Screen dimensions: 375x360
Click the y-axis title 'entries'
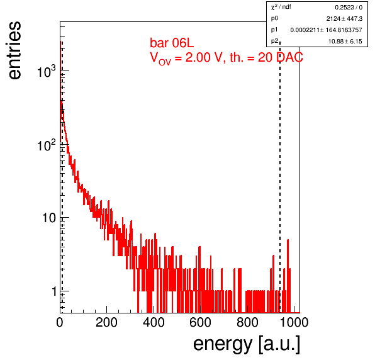coord(15,50)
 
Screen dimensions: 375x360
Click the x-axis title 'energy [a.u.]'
coord(247,344)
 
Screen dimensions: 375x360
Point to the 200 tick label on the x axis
coord(106,322)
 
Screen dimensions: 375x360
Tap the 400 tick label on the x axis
coord(154,322)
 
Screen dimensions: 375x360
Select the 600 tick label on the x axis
coord(201,322)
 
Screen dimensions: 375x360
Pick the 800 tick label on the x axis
coord(247,322)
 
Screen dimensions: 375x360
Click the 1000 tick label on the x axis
coord(294,322)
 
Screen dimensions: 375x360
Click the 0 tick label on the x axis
coord(60,322)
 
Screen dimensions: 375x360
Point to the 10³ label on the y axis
coord(46,70)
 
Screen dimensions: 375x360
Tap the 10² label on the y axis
coord(46,145)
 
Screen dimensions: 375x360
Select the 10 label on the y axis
coord(49,218)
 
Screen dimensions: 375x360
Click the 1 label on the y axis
coord(54,291)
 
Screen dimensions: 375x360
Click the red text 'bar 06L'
coord(172,43)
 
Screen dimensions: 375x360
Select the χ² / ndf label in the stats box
coord(281,7)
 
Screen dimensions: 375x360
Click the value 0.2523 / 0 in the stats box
coord(349,8)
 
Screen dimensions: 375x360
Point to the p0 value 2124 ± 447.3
coord(344,19)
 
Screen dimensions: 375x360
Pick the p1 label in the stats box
coord(274,30)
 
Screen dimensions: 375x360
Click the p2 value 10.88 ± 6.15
coord(345,42)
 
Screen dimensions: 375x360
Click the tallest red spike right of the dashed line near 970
coord(288,275)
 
